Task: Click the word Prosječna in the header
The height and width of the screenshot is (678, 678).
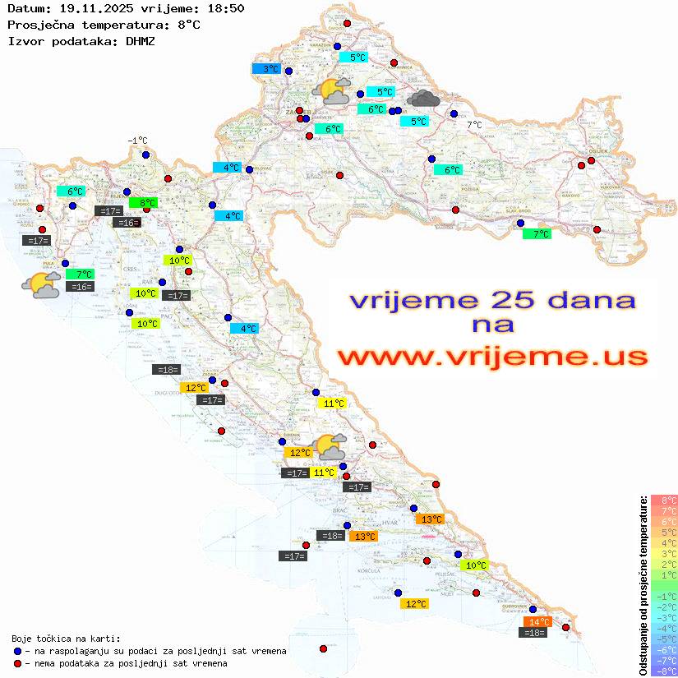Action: click(36, 25)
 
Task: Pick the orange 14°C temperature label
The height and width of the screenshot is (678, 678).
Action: click(538, 622)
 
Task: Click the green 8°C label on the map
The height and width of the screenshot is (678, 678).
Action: click(145, 202)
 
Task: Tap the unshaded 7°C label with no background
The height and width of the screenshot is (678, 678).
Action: click(475, 125)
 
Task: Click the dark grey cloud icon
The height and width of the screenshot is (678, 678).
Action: click(423, 99)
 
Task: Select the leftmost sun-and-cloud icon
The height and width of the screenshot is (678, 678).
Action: click(41, 285)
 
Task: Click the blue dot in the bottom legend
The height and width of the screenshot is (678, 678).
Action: click(17, 651)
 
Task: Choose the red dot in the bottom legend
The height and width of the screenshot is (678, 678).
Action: click(17, 663)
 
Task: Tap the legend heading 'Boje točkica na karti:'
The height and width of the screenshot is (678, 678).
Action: click(66, 639)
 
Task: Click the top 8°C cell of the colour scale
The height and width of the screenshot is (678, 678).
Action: click(663, 500)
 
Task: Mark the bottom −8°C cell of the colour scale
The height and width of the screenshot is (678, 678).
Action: click(663, 671)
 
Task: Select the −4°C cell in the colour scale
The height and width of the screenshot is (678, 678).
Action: click(663, 628)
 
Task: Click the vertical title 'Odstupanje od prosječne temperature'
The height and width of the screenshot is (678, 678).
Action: click(643, 585)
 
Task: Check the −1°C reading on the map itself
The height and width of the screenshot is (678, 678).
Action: click(137, 141)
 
